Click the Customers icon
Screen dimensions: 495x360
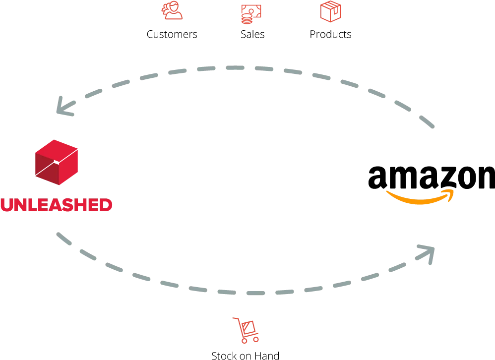(172, 10)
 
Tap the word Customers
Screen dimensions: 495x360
(172, 34)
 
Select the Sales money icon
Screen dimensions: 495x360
(251, 14)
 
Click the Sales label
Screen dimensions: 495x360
(252, 34)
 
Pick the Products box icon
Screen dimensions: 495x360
(330, 11)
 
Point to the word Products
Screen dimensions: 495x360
(330, 34)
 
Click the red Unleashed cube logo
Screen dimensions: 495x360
(57, 162)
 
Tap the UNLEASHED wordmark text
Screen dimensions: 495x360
(57, 205)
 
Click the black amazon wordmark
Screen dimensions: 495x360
(432, 178)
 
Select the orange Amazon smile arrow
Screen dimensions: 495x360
(421, 197)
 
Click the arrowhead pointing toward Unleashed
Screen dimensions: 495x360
(64, 106)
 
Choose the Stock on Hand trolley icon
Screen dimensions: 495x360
(246, 330)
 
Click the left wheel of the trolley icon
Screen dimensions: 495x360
(245, 341)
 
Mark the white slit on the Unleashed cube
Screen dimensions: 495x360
(56, 162)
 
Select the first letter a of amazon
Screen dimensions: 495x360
(378, 178)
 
